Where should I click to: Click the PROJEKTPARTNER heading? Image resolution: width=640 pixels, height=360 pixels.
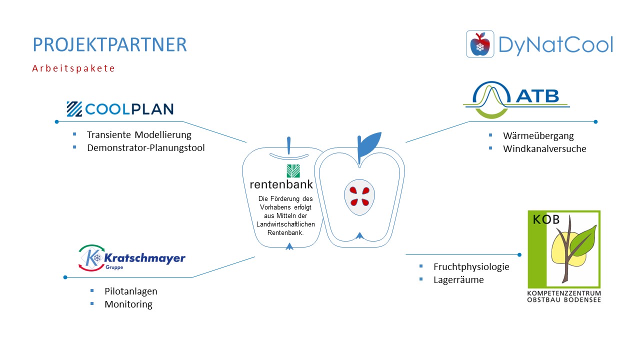[109, 44]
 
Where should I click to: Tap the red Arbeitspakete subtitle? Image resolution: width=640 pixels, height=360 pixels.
[73, 68]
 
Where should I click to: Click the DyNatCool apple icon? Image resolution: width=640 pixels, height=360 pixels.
[480, 44]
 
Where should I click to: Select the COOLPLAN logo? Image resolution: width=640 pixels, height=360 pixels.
[120, 109]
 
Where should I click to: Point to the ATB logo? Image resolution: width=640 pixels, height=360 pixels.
[516, 99]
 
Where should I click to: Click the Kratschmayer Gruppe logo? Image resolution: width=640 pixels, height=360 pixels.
[131, 257]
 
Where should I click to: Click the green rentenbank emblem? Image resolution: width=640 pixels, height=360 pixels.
[293, 171]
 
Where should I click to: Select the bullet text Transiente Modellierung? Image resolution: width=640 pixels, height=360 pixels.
[139, 134]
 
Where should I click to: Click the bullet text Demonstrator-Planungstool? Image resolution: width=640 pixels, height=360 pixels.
[145, 147]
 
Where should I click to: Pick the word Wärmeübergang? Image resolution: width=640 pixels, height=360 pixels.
[538, 136]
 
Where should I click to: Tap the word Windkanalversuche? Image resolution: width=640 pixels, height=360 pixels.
[544, 148]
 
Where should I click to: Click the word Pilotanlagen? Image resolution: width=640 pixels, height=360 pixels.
[131, 291]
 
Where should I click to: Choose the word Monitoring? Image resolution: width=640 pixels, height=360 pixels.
[128, 304]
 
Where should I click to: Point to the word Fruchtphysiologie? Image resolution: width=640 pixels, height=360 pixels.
[471, 267]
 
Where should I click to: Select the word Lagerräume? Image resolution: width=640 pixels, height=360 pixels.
[458, 279]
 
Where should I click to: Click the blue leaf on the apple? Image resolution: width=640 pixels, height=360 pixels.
[369, 144]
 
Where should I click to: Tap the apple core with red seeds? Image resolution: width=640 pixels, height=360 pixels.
[359, 197]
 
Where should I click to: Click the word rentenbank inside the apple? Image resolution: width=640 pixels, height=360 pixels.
[281, 184]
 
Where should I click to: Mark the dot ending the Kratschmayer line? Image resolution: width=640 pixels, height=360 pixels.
[65, 277]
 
